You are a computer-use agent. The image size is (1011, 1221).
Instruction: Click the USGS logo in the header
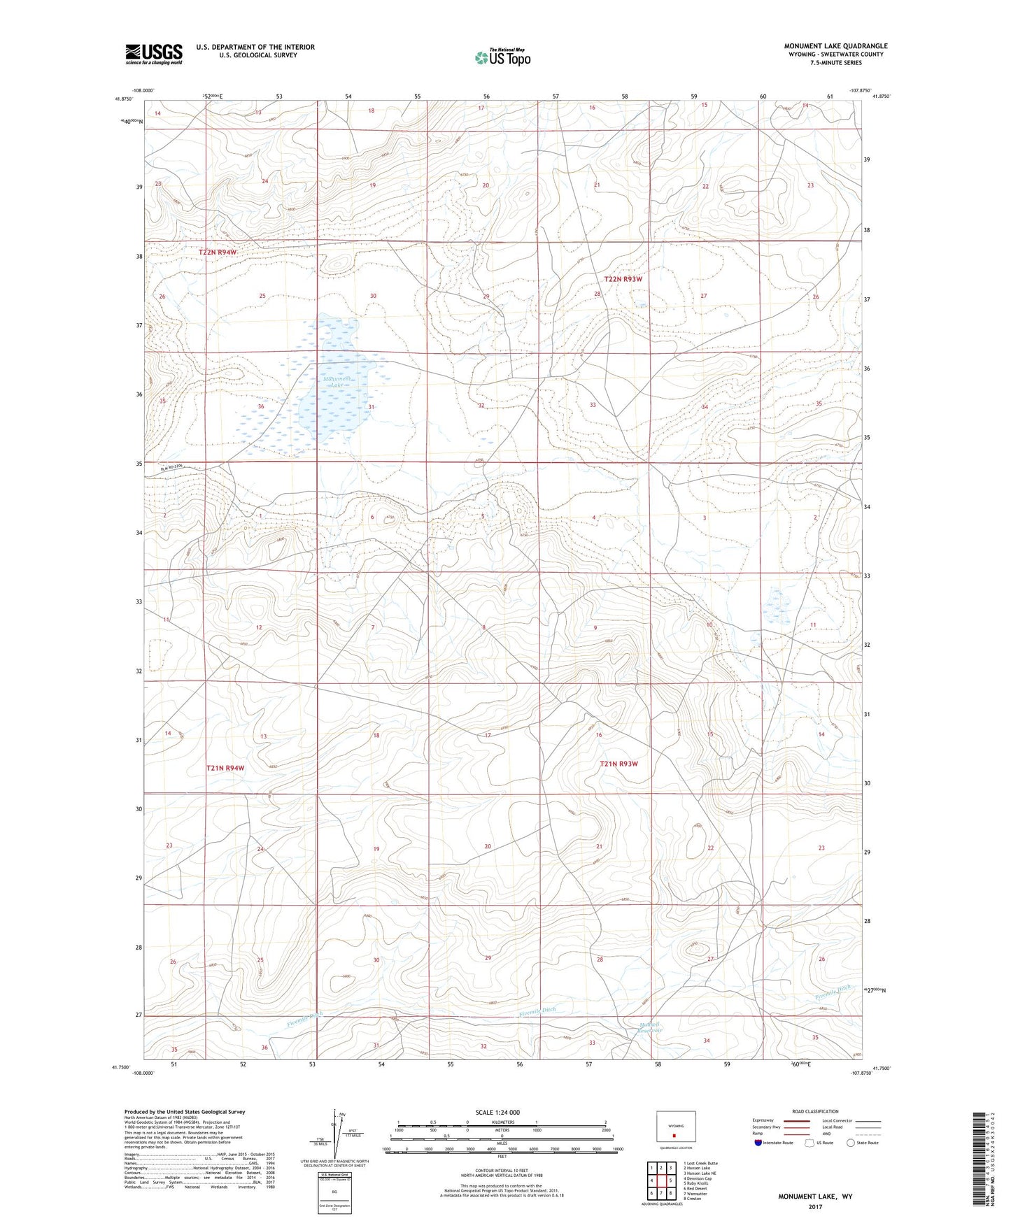154,54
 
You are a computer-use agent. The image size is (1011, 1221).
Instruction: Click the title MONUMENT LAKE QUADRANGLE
835,46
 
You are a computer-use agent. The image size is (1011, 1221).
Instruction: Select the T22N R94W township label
222,252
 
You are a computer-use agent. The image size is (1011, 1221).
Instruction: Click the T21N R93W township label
618,764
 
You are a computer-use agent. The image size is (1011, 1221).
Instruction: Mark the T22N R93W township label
623,278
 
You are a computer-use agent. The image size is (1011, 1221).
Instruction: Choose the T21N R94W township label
225,768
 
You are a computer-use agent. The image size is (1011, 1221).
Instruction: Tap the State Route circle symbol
851,1143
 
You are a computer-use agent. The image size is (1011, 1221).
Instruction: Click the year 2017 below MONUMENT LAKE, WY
815,1206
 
